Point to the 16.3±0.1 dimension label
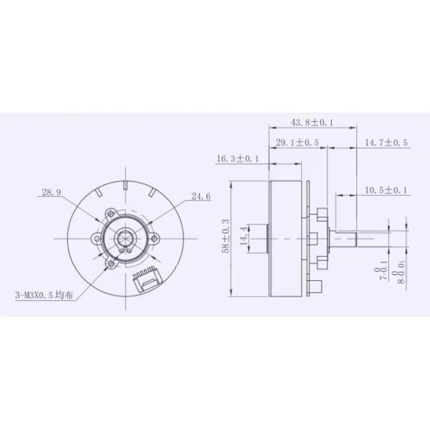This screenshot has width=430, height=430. click(x=238, y=159)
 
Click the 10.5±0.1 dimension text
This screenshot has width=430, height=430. click(x=386, y=190)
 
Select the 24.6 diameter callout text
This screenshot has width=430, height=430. click(x=201, y=195)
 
